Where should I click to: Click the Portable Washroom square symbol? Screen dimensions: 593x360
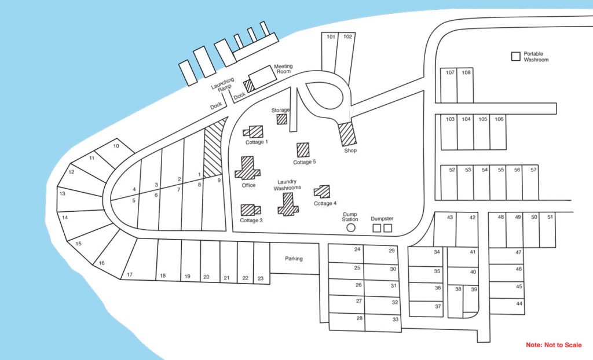(x=516, y=56)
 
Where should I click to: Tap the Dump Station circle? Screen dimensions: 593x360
(x=351, y=227)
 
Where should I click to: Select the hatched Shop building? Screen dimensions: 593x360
(x=347, y=134)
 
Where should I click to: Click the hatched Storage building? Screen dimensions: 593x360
(x=282, y=119)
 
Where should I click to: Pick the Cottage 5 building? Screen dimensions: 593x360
(x=303, y=150)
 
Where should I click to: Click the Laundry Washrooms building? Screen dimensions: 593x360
(x=288, y=204)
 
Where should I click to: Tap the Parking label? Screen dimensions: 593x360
(x=294, y=259)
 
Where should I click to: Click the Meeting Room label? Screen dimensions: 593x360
(x=283, y=69)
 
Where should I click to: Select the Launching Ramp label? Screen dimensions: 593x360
(x=223, y=85)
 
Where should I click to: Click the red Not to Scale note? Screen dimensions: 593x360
(x=554, y=345)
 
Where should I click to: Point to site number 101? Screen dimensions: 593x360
(x=331, y=36)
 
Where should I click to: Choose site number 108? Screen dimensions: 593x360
(x=466, y=72)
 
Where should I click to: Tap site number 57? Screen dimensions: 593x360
(x=533, y=170)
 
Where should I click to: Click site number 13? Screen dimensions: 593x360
(x=63, y=194)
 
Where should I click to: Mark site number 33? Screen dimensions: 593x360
(x=395, y=319)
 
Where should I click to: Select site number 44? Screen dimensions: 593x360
(x=519, y=303)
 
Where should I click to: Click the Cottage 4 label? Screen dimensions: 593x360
(x=325, y=204)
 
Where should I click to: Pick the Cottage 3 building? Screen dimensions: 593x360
(x=251, y=210)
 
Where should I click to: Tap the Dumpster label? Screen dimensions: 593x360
(x=382, y=219)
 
